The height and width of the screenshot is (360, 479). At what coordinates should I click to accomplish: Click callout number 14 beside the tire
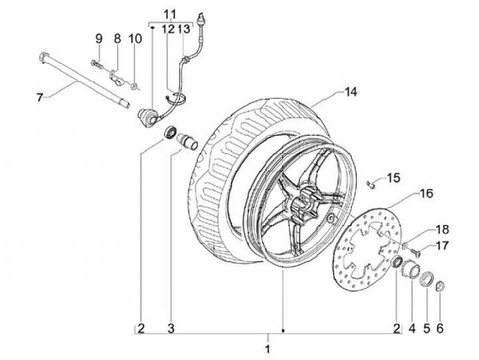(351, 92)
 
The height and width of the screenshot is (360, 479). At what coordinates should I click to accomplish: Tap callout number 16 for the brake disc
(426, 193)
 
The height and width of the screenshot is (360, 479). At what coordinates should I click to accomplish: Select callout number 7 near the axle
(39, 98)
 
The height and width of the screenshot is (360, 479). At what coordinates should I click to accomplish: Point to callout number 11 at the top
(170, 15)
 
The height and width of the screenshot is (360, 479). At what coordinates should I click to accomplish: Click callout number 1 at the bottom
(267, 349)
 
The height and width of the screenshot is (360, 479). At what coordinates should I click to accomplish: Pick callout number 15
(394, 178)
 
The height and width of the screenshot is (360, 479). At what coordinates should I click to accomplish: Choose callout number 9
(98, 39)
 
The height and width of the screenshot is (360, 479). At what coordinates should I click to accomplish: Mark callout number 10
(134, 39)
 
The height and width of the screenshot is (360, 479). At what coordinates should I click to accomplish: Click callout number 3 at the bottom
(171, 329)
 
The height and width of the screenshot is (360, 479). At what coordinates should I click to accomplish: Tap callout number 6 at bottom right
(440, 329)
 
